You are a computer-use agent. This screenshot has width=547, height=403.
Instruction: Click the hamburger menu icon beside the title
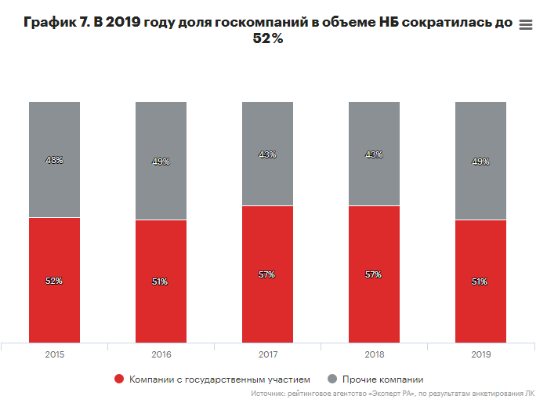[x=527, y=25]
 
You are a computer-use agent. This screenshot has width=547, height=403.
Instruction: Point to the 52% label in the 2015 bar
[x=54, y=281]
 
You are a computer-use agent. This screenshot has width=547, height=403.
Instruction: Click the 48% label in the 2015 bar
[x=54, y=160]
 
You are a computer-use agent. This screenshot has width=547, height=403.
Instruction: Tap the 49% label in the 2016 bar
[x=161, y=162]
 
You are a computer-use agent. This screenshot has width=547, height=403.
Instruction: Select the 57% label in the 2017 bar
[x=267, y=274]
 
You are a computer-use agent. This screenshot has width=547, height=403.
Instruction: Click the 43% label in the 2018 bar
[x=374, y=154]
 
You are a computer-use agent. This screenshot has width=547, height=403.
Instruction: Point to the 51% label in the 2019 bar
[x=480, y=281]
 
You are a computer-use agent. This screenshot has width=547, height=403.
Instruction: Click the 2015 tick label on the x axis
[x=54, y=354]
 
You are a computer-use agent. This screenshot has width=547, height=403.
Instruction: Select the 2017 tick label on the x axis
[x=267, y=354]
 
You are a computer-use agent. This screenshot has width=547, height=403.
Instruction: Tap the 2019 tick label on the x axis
[x=480, y=354]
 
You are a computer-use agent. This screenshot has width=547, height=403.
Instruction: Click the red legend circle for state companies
[x=119, y=379]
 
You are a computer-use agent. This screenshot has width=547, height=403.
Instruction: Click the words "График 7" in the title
[x=54, y=24]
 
